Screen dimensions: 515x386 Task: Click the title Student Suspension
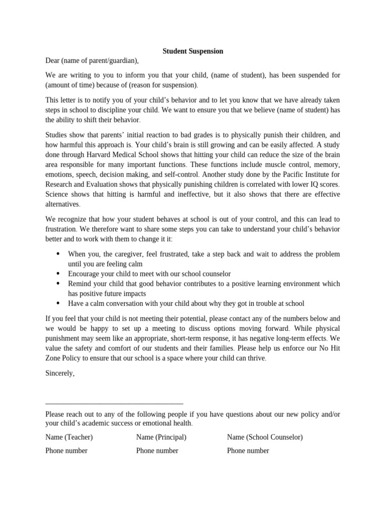[192, 51]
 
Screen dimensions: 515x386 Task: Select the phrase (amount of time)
[67, 84]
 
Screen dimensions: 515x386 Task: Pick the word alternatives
[62, 204]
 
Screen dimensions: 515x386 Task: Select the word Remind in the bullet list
[80, 284]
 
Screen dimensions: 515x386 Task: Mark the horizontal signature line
[114, 403]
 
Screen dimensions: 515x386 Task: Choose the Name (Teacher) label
[69, 437]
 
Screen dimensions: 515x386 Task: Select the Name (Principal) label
[161, 437]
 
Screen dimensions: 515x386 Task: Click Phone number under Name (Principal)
[157, 451]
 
